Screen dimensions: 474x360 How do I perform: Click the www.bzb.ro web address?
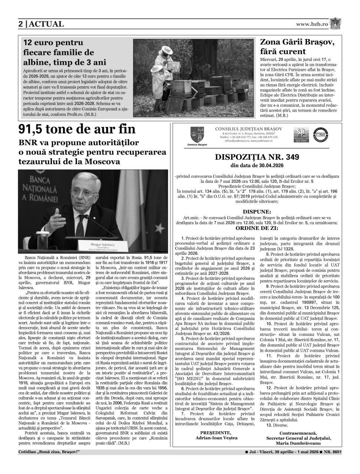(x=312, y=24)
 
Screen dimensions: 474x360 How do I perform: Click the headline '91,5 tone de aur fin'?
(x=77, y=130)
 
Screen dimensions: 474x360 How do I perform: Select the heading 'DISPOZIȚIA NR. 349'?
(x=256, y=157)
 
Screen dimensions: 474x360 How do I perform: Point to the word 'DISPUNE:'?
(x=256, y=212)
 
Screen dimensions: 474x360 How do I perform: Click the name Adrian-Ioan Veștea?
(x=215, y=438)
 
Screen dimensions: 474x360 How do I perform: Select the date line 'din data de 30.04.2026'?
(x=256, y=165)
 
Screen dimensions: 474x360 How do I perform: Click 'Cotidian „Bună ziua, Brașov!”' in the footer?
(x=49, y=452)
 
